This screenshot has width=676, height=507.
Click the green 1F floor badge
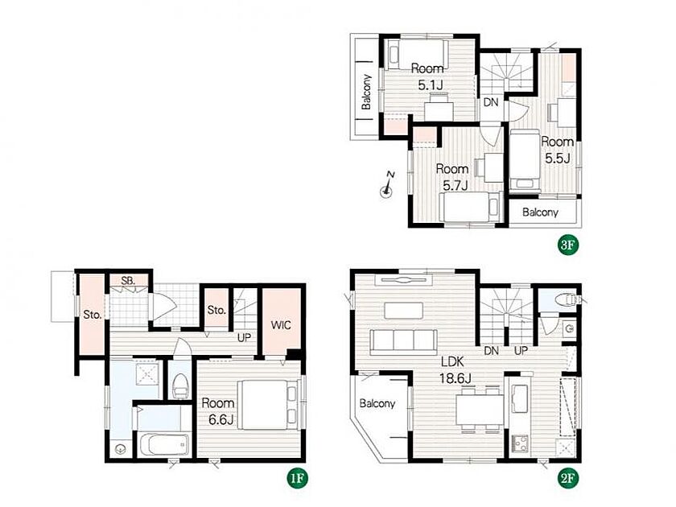298,478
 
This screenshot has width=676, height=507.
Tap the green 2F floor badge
568,478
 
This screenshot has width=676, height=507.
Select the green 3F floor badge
568,245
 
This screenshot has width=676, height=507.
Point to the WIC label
281,324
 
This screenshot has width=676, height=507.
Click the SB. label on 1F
128,281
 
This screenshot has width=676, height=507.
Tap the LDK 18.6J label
455,370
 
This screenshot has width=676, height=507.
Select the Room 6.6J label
219,411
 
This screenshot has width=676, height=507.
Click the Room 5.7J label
452,177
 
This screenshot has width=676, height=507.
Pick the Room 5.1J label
427,76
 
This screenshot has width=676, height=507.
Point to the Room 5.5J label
558,150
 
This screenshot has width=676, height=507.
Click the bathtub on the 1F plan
165,443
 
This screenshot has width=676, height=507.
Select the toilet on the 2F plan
566,299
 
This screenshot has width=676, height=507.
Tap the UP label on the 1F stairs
244,337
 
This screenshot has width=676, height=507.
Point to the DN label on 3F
491,102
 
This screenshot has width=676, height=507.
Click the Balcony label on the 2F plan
377,403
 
